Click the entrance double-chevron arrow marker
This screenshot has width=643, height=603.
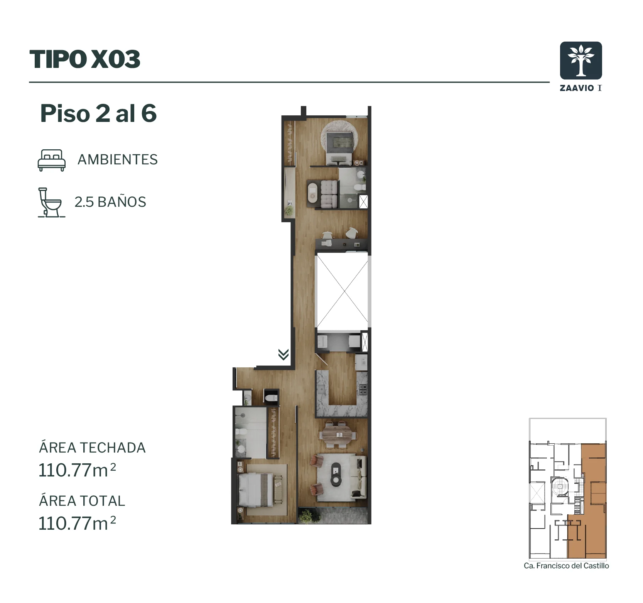tap(284, 354)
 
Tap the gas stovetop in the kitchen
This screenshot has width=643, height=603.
tap(363, 390)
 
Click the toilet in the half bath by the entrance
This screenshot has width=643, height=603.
tap(271, 397)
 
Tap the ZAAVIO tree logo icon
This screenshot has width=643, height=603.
tap(581, 61)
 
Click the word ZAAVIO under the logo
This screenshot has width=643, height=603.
tap(577, 88)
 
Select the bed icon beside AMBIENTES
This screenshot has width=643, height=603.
tap(51, 160)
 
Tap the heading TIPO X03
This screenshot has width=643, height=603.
tap(85, 59)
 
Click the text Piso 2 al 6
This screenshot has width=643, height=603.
tap(98, 113)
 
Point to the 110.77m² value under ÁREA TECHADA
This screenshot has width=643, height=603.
tap(77, 470)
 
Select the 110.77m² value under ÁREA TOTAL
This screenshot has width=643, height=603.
tap(77, 523)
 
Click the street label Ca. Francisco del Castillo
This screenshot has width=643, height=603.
tap(566, 566)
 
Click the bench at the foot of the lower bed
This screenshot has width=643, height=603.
tap(278, 490)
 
